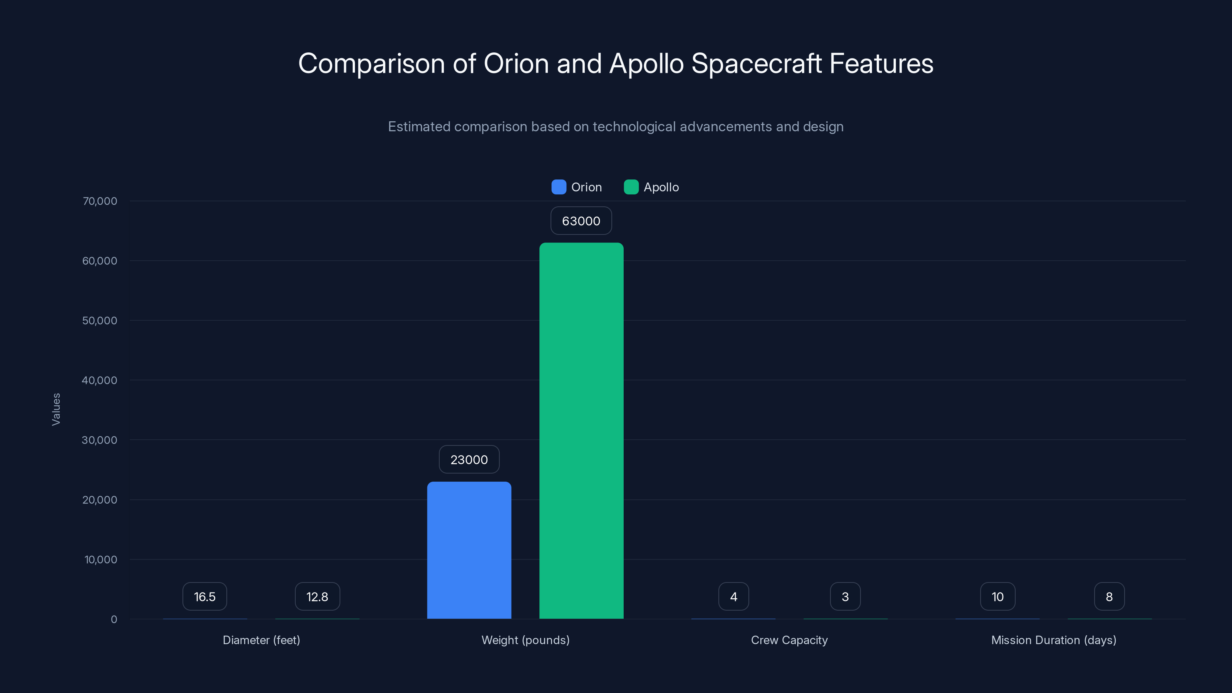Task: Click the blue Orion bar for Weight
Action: coord(469,550)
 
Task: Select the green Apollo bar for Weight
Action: coord(581,430)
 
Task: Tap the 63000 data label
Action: coord(581,221)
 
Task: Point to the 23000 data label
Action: coord(469,460)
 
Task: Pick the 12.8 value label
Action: coord(317,596)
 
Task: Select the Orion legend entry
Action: coord(577,187)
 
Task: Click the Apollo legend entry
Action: coord(651,187)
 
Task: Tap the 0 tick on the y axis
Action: coord(114,619)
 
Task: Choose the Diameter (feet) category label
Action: coord(261,640)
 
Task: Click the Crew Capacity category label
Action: coord(789,640)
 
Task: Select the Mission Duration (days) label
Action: coord(1054,640)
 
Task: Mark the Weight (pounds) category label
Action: coord(525,640)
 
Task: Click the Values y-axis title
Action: coord(56,409)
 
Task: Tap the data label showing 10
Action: coord(998,596)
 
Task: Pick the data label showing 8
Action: coord(1109,596)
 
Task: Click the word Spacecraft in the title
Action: coord(756,64)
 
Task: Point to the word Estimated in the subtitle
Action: coord(419,127)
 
